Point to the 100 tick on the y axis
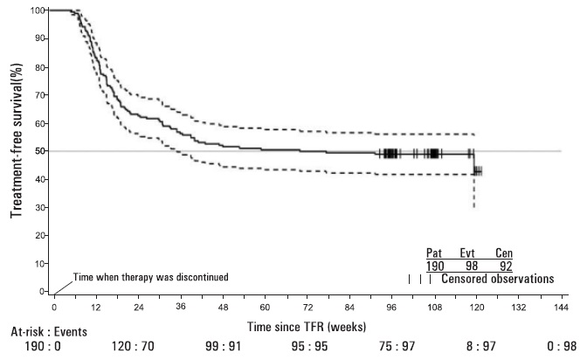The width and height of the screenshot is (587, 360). pos(38,10)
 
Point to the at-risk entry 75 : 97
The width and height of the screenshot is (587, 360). pos(383,347)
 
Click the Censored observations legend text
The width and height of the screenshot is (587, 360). pos(497,280)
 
